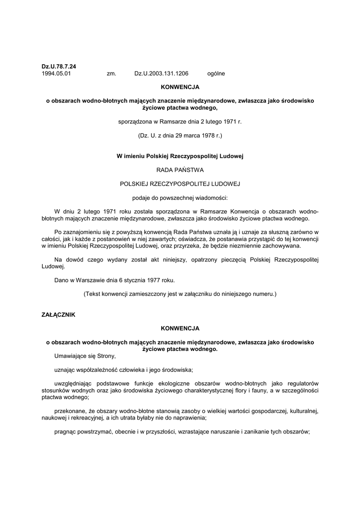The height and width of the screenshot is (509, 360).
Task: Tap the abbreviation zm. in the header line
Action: (111, 74)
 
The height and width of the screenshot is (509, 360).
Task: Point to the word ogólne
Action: (216, 74)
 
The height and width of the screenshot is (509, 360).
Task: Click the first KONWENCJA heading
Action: (180, 86)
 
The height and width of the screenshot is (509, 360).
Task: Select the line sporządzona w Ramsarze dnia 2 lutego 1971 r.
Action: (180, 121)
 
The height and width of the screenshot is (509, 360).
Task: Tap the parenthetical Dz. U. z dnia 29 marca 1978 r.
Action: (180, 135)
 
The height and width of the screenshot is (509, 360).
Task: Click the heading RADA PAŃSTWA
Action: (180, 170)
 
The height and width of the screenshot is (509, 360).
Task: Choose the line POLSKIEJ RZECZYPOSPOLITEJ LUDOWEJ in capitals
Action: (180, 183)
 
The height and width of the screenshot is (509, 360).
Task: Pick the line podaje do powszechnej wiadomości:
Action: (180, 197)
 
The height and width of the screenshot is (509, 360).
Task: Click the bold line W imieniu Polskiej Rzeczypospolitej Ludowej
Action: (180, 156)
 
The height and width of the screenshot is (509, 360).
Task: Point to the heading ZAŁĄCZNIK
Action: (58, 315)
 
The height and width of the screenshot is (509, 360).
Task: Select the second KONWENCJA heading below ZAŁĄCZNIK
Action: (180, 329)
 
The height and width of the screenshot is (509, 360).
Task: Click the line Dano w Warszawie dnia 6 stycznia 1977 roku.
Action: (114, 280)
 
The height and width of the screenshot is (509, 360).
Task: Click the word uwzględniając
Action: (74, 383)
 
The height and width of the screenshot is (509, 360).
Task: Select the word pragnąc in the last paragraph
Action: (66, 431)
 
